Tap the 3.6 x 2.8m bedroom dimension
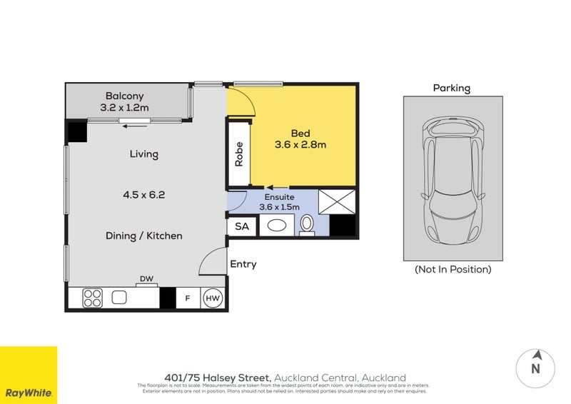[x=300, y=145]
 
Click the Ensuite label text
[x=279, y=197]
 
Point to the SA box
[x=242, y=226]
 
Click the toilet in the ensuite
[x=307, y=224]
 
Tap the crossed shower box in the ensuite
[x=337, y=201]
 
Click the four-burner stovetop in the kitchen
[x=92, y=298]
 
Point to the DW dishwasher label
[x=147, y=279]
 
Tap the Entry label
[x=243, y=264]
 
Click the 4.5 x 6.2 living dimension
[x=143, y=193]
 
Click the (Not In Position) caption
[x=453, y=270]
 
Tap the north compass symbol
[x=536, y=367]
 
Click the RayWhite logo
[x=29, y=375]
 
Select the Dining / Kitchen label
[x=143, y=236]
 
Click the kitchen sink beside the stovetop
[x=119, y=297]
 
